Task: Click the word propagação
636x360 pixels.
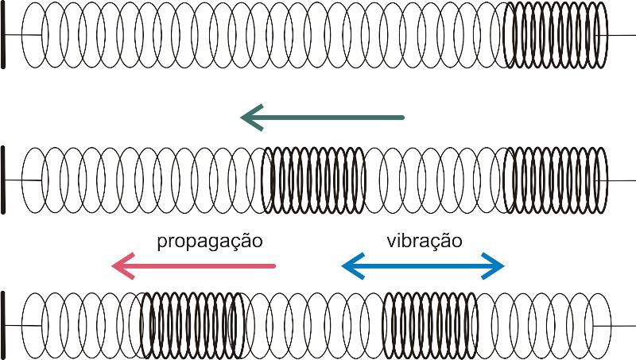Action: click(210, 240)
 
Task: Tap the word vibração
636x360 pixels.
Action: click(423, 240)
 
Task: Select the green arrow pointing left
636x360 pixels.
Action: click(323, 118)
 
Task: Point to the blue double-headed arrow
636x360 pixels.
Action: click(423, 266)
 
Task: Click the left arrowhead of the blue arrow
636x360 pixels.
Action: click(351, 266)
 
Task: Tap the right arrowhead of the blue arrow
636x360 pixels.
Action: click(494, 266)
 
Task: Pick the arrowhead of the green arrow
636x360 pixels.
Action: click(253, 118)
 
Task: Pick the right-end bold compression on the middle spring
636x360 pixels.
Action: click(554, 180)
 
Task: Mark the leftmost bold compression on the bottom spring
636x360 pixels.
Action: click(192, 326)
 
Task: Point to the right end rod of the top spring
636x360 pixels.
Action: click(621, 36)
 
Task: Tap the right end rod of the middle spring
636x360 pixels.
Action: click(621, 180)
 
